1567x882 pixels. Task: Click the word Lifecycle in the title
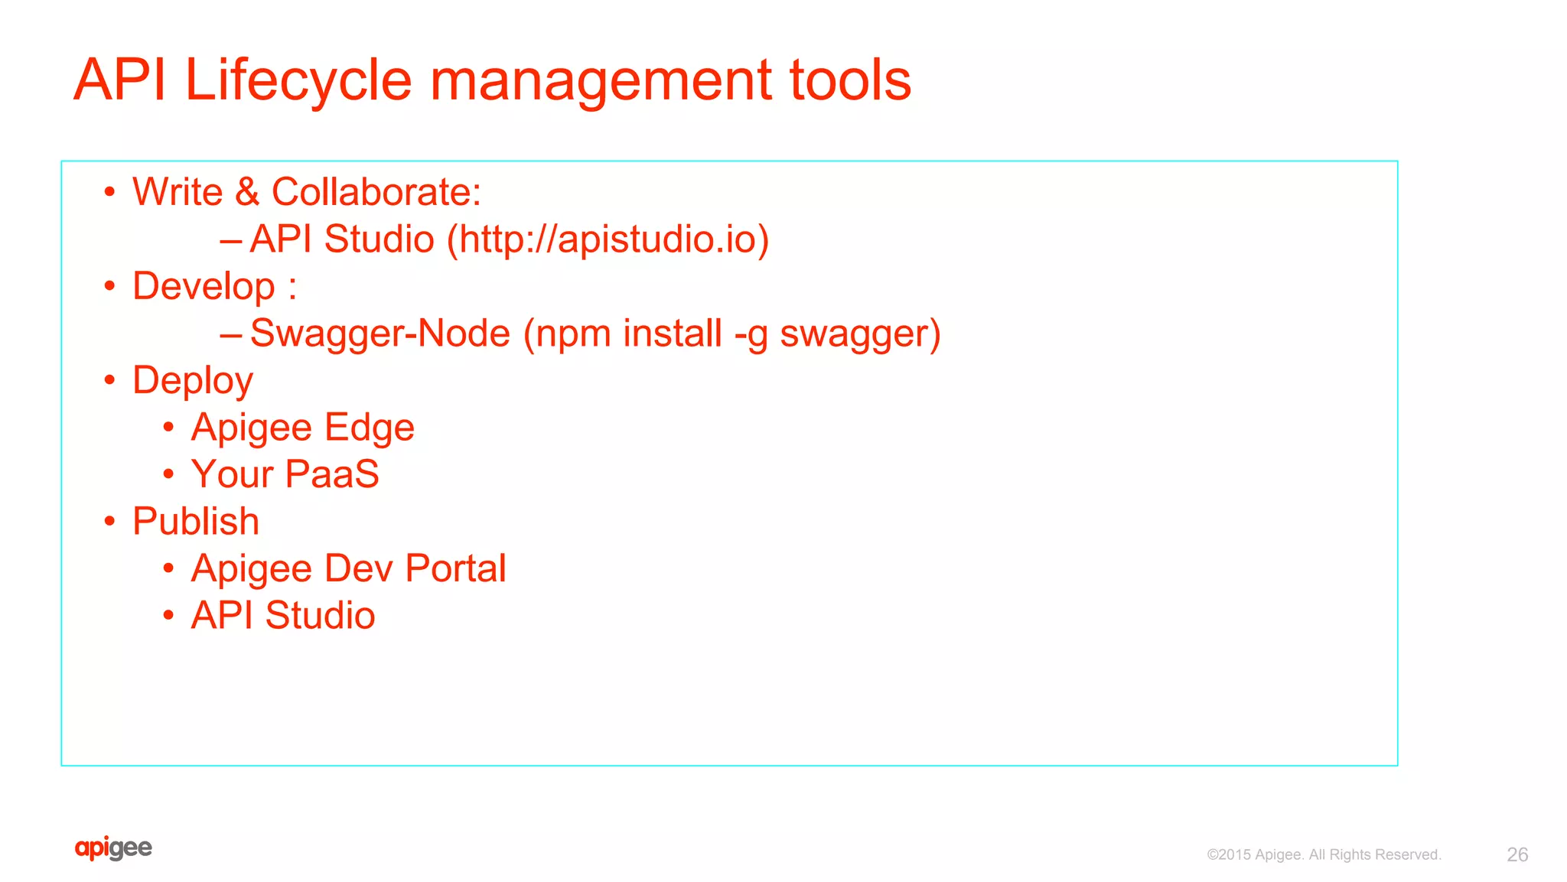298,80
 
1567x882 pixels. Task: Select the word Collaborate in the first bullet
376,192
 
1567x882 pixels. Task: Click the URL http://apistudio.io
608,239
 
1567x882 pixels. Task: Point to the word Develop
204,287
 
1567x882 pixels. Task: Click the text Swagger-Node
380,334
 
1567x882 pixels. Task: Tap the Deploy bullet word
192,381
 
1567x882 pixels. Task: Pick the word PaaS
332,474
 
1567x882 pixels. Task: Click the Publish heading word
196,522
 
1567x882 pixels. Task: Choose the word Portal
455,568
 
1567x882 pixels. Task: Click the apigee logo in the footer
113,848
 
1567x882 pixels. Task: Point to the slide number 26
1517,854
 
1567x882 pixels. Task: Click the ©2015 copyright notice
1324,854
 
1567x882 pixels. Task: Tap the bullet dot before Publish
110,522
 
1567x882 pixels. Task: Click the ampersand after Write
247,192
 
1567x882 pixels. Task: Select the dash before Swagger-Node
231,334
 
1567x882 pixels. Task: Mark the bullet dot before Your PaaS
168,474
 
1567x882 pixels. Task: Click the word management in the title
601,80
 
